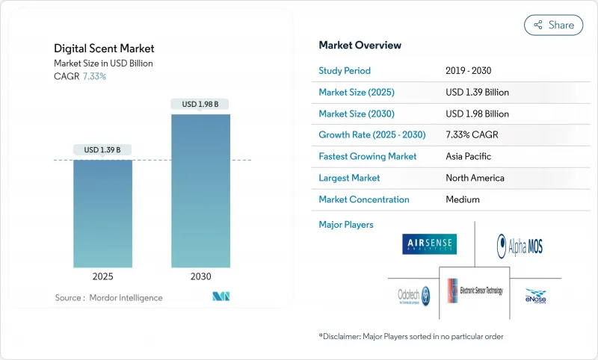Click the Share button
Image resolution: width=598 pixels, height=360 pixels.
[553, 25]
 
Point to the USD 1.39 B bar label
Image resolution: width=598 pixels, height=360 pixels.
[102, 150]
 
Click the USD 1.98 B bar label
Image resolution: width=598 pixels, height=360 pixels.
[200, 104]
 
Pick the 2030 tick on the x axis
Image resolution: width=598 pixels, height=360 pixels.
[200, 276]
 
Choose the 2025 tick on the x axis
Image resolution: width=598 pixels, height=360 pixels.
[102, 276]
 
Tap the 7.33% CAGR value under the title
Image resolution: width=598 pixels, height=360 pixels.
[93, 76]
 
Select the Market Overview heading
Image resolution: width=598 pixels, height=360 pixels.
[360, 46]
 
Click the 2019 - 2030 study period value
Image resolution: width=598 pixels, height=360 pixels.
[469, 71]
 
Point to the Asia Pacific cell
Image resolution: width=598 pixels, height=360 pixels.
[469, 157]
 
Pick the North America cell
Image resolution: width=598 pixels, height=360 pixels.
[475, 178]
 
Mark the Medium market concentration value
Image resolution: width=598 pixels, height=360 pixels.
[463, 199]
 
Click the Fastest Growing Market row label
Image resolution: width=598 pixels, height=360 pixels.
[367, 157]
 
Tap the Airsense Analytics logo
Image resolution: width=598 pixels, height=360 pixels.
[428, 244]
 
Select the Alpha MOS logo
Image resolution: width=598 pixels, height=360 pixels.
[520, 245]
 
